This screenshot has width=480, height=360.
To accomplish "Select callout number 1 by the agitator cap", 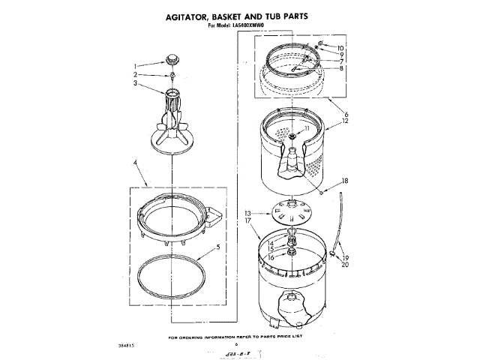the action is (136, 64).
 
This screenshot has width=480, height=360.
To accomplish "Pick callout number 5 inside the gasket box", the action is (217, 247).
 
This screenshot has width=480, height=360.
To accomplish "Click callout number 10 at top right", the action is (340, 48).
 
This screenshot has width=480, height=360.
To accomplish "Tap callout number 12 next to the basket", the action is (345, 121).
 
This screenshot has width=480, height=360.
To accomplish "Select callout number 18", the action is (345, 181).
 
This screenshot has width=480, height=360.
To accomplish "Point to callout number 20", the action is (346, 264).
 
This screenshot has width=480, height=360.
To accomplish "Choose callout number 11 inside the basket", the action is (306, 129).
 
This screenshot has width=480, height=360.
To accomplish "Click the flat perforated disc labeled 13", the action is (289, 211).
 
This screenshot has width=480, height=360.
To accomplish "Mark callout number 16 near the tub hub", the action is (261, 257).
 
